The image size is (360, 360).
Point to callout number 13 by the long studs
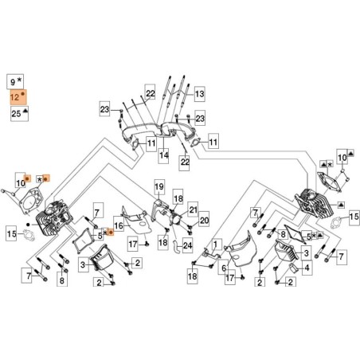click(x=199, y=94)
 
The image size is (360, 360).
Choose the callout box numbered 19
click(x=158, y=188)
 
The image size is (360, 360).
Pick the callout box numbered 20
click(x=204, y=221)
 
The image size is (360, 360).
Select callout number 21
click(x=193, y=209)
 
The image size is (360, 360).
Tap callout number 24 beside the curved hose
click(x=188, y=245)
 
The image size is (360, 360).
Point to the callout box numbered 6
click(x=224, y=268)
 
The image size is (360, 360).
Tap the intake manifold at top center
click(x=163, y=134)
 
